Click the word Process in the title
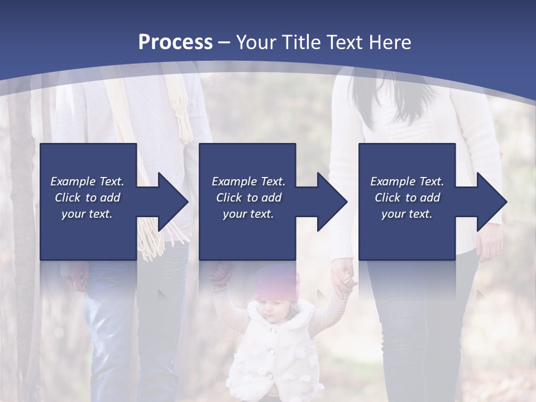tap(175, 42)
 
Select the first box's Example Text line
tap(87, 181)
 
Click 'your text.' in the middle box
tap(248, 214)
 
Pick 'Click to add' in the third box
tap(407, 198)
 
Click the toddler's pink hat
tap(277, 282)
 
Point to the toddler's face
tap(274, 310)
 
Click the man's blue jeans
tap(112, 324)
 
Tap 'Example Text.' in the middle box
tap(248, 181)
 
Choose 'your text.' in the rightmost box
tap(407, 214)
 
